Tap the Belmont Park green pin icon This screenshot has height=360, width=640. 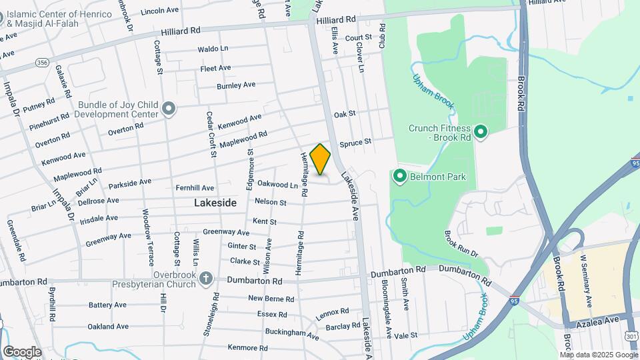click(x=400, y=177)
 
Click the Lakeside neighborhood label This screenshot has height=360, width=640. click(x=215, y=202)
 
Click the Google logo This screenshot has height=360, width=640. click(x=22, y=351)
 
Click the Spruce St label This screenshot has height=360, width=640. click(x=355, y=143)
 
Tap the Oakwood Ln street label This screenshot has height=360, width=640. click(x=277, y=184)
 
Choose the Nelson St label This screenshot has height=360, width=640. click(x=270, y=202)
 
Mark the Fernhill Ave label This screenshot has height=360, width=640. click(x=195, y=188)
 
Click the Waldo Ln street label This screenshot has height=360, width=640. click(x=213, y=49)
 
